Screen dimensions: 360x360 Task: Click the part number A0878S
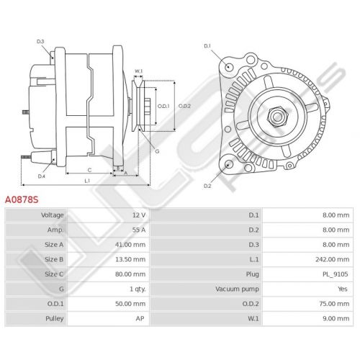pos(22,199)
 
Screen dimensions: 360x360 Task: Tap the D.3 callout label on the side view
pos(40,42)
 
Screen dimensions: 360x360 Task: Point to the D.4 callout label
pos(42,176)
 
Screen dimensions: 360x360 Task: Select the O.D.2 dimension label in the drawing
pos(184,106)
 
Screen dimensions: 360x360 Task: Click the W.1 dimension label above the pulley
pos(138,71)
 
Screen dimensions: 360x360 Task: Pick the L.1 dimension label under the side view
pos(87,181)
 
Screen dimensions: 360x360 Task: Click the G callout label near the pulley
pos(157,151)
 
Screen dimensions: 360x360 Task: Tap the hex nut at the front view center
pos(278,117)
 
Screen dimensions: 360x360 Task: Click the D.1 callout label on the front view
pos(207,46)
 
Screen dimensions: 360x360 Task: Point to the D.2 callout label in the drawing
pos(207,186)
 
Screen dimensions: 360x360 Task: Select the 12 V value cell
pos(139,215)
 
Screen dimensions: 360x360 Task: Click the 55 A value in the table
pos(139,230)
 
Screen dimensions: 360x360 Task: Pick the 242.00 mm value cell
pos(333,259)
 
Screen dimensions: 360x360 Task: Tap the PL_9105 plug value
pos(336,274)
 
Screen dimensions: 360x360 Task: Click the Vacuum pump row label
pos(237,289)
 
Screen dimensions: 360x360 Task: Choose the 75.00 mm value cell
pos(334,304)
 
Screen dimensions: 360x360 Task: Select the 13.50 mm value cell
pos(130,259)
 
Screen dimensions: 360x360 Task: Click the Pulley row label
pos(55,319)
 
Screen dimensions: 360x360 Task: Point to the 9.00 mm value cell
pos(336,319)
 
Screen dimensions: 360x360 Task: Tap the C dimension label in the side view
pos(89,170)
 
